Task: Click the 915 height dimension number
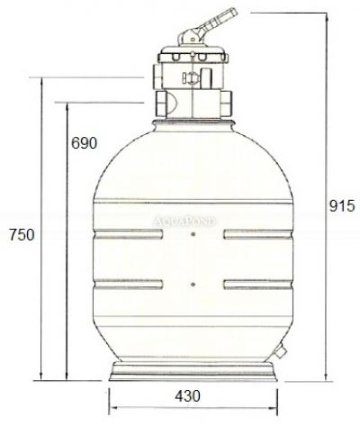pos(342,206)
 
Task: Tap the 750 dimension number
pos(22,234)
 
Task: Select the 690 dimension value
pos(84,143)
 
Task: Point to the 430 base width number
pos(187,396)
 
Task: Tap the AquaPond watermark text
pos(184,222)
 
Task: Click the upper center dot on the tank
pos(193,234)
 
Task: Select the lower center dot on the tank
pos(193,284)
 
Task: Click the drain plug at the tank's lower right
pos(281,351)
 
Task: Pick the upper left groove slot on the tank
pos(129,234)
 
